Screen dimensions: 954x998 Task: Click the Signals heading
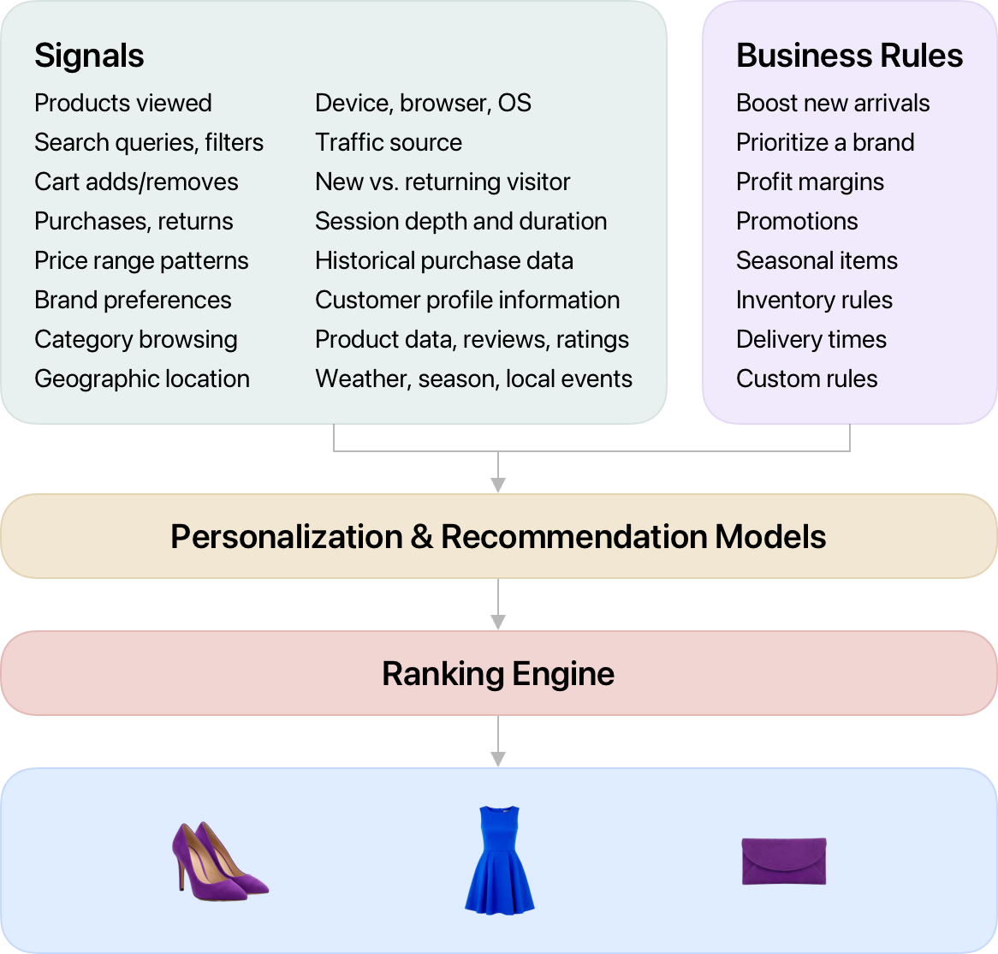click(x=89, y=56)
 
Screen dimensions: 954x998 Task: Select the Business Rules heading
click(x=849, y=56)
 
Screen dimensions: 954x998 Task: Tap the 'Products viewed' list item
click(x=122, y=103)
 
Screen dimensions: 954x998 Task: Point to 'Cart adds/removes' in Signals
click(x=136, y=182)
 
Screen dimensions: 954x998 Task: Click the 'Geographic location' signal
click(x=142, y=379)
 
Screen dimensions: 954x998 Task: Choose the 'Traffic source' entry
click(x=388, y=142)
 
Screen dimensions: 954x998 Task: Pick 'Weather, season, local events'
click(x=473, y=379)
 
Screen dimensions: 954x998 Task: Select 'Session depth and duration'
click(x=460, y=221)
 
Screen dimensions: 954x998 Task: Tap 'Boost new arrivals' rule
click(x=832, y=103)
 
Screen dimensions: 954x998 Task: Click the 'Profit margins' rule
click(x=810, y=182)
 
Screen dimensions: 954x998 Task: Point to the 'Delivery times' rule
click(x=811, y=339)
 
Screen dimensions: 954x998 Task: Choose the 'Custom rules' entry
click(x=806, y=379)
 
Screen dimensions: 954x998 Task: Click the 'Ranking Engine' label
click(x=498, y=674)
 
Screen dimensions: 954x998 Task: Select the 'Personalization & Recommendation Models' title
click(x=498, y=537)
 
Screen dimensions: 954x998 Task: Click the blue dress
click(x=499, y=859)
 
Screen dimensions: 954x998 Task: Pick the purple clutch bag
click(x=783, y=861)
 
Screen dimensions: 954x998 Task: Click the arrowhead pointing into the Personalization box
click(x=498, y=486)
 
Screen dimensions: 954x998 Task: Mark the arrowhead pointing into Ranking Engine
click(x=498, y=623)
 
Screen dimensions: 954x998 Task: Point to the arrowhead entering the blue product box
click(x=498, y=760)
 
